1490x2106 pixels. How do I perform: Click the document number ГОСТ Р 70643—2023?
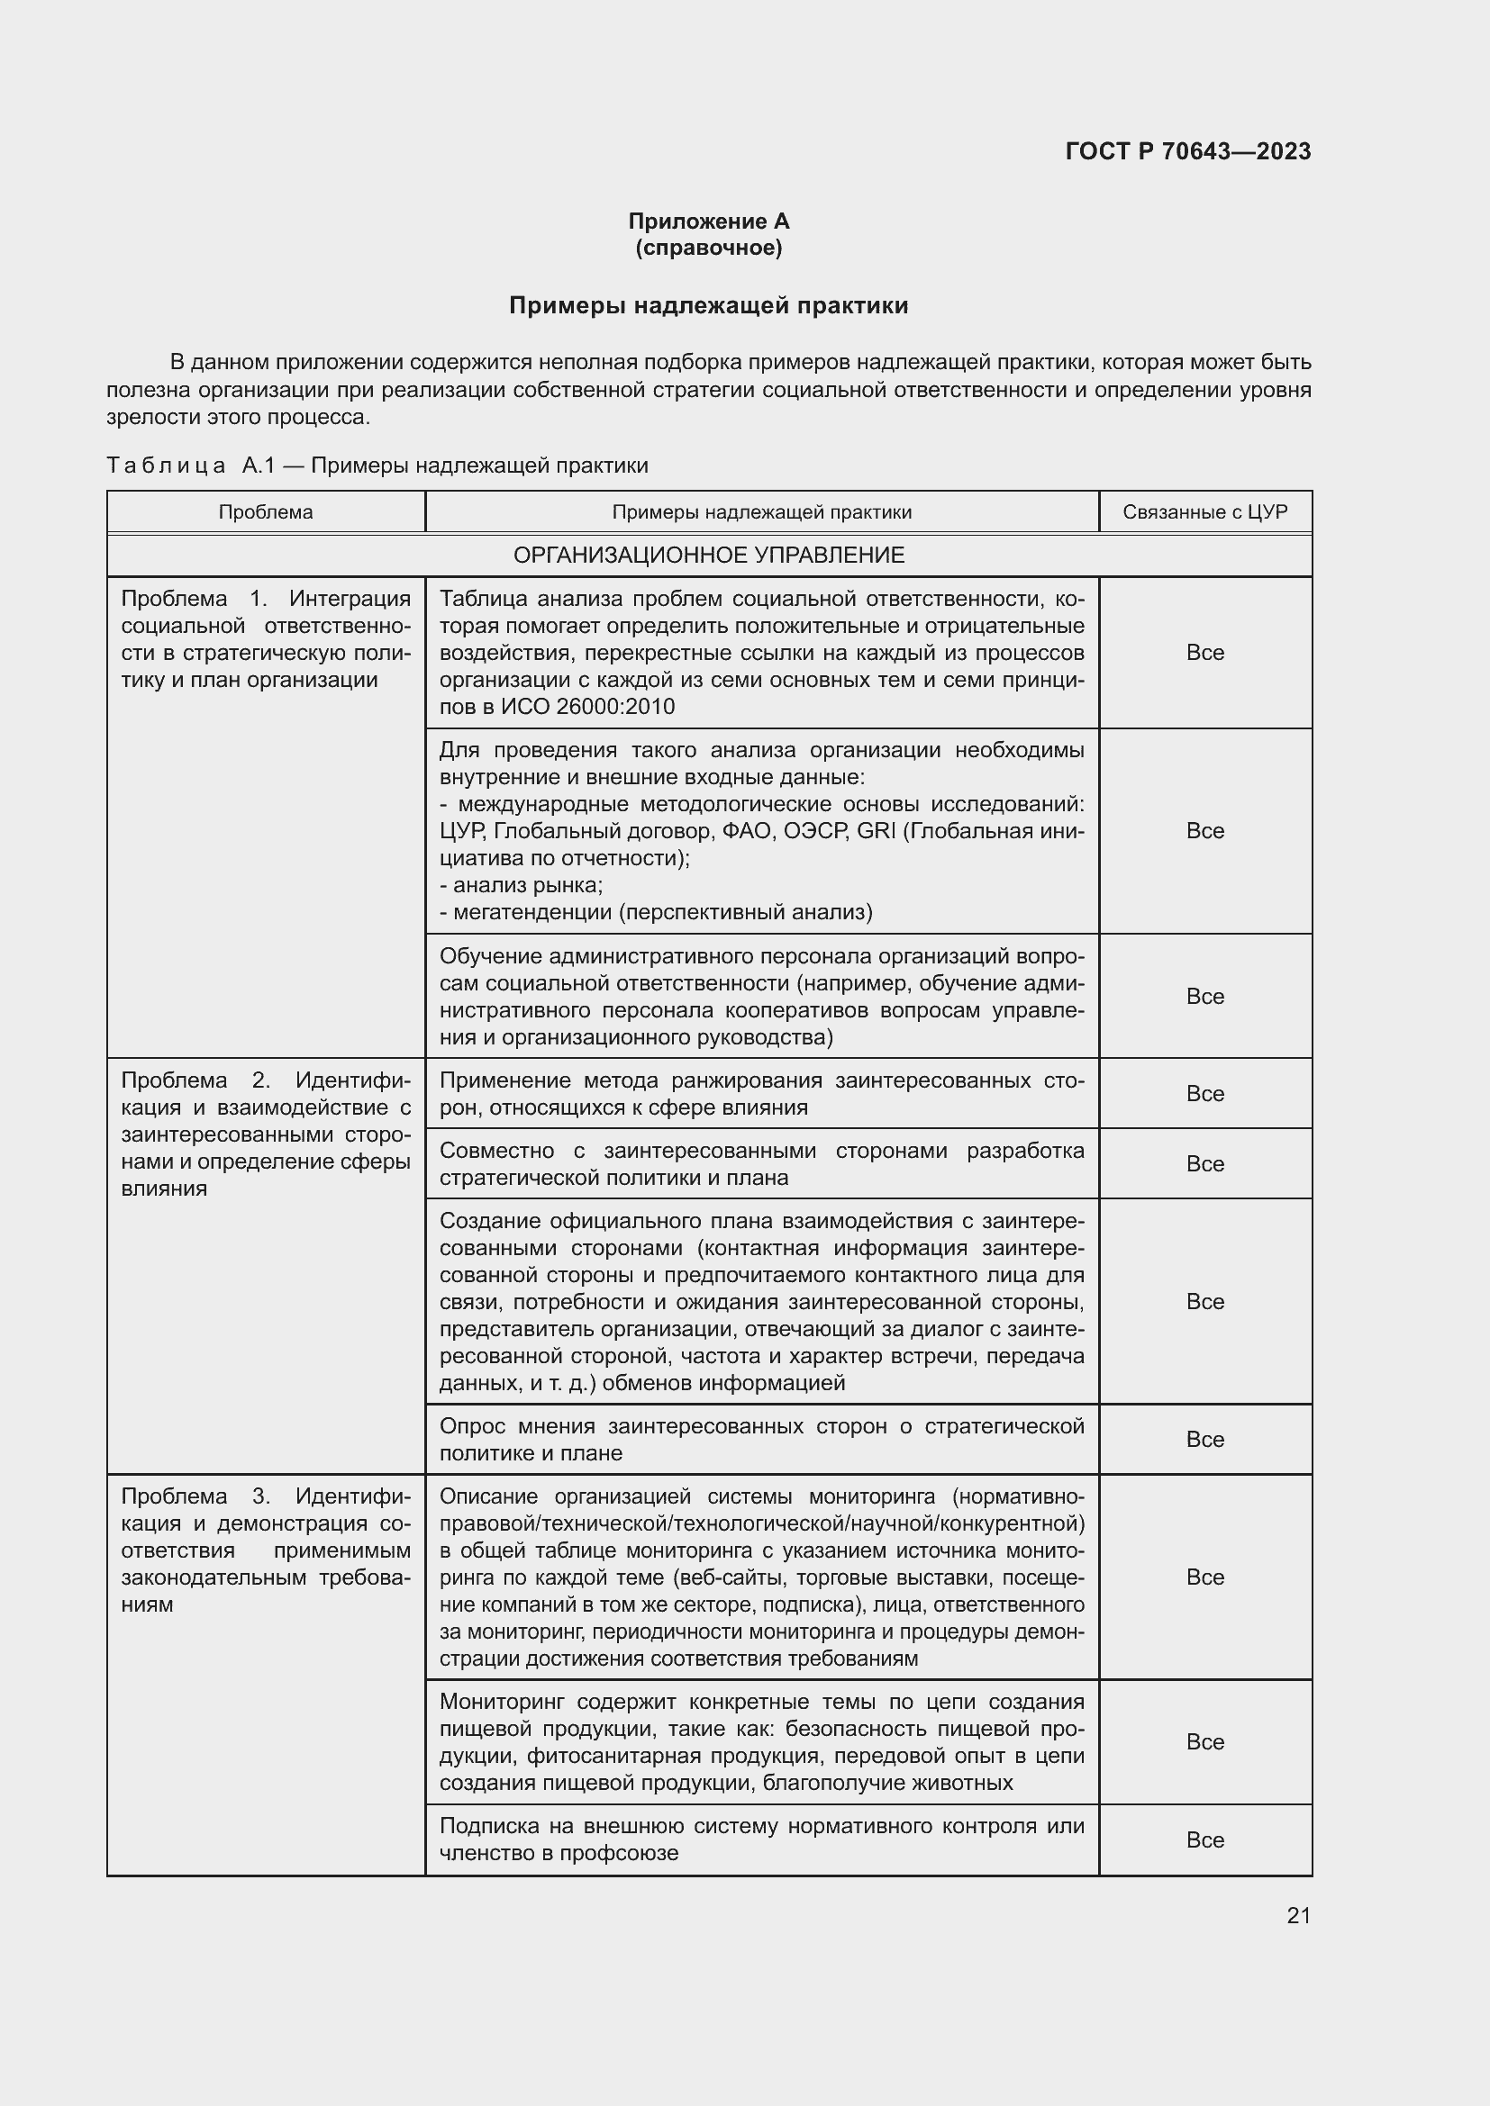click(x=1187, y=151)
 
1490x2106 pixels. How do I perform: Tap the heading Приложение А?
click(x=708, y=221)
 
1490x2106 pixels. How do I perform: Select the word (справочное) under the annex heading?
click(x=708, y=248)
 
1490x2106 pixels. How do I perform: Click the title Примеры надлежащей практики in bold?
click(x=708, y=305)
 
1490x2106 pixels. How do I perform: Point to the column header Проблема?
click(x=265, y=511)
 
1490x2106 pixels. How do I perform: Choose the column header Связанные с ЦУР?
click(x=1204, y=511)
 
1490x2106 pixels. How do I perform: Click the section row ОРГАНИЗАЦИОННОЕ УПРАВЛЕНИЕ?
click(x=708, y=555)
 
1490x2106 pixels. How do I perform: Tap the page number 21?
click(x=1298, y=1915)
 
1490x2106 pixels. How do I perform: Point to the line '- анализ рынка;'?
click(x=521, y=885)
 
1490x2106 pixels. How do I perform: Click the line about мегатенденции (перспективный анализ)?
click(x=656, y=912)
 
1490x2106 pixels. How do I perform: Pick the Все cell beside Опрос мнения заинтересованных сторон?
click(x=1204, y=1439)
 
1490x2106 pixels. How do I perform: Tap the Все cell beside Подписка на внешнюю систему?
click(x=1204, y=1840)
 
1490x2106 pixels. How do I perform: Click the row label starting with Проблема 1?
click(x=265, y=639)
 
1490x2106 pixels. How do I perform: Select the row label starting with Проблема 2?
click(x=265, y=1134)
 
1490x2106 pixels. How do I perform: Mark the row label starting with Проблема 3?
click(x=265, y=1550)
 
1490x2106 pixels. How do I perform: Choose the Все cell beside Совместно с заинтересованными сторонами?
click(x=1204, y=1163)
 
